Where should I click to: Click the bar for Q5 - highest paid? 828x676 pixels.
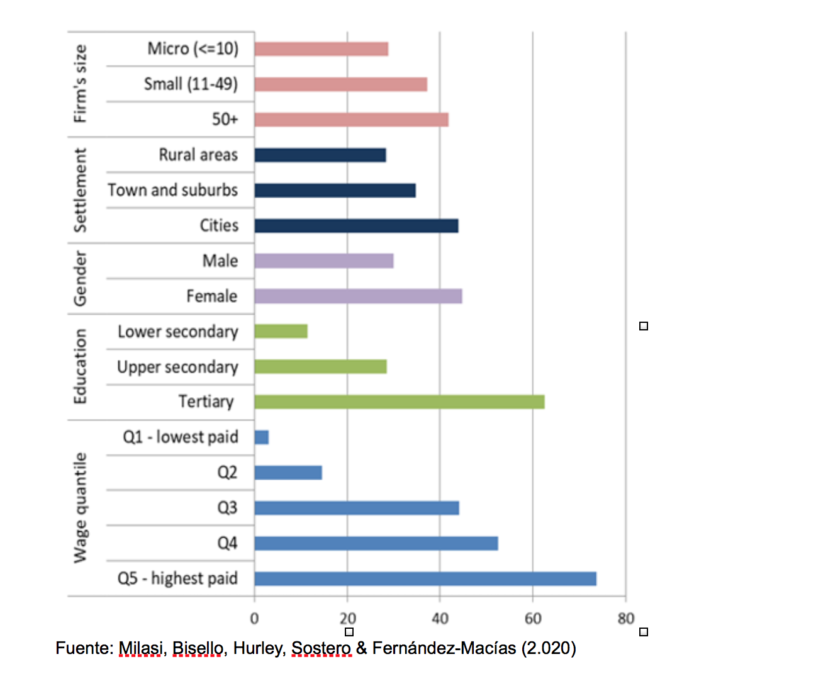tap(425, 578)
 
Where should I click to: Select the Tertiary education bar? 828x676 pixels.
tap(400, 402)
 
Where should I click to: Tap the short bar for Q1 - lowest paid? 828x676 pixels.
tap(262, 437)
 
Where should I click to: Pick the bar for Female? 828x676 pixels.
tap(358, 296)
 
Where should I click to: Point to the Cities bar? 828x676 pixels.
tap(356, 225)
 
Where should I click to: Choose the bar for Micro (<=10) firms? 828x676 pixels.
tap(321, 49)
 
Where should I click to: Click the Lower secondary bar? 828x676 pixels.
tap(281, 331)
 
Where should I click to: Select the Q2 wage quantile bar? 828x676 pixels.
tap(288, 472)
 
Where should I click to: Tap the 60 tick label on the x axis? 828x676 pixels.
tap(533, 619)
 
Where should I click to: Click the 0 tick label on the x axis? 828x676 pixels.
tap(254, 619)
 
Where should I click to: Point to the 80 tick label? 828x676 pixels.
tap(625, 619)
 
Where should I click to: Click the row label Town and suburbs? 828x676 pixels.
tap(173, 190)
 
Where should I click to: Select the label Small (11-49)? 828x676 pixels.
tap(191, 84)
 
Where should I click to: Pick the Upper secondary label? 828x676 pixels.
tap(177, 367)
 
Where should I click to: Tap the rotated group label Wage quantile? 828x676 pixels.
tap(80, 507)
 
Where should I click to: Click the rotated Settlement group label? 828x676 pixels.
tap(80, 190)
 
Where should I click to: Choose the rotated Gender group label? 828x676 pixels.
tap(80, 278)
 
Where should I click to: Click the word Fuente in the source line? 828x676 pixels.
tap(84, 648)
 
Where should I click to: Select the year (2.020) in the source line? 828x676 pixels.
tap(548, 648)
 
